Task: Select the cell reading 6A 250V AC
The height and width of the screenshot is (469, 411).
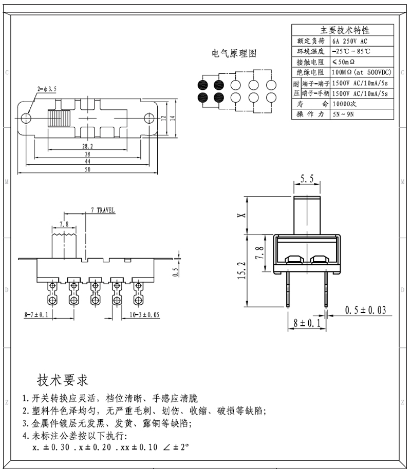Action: [x=350, y=41]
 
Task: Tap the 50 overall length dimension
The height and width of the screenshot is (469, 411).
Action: [x=88, y=170]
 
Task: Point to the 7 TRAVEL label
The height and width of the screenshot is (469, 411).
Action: [x=103, y=210]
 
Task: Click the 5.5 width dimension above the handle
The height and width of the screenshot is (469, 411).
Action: [x=307, y=179]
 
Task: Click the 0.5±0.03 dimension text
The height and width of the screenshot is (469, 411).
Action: [x=365, y=310]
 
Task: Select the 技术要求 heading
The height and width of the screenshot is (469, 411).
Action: [x=63, y=380]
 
